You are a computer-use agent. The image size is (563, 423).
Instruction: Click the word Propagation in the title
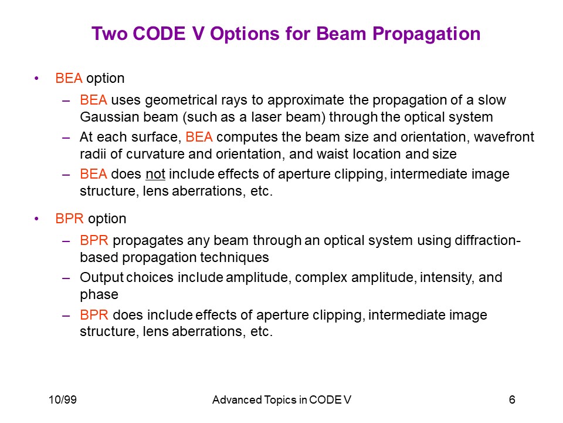tap(426, 35)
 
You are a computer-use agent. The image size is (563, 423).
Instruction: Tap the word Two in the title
tap(110, 34)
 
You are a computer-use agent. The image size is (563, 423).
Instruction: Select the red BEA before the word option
tap(69, 78)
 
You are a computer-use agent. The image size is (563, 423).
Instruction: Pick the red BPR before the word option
tap(69, 219)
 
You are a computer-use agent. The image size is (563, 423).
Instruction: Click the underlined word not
tap(155, 174)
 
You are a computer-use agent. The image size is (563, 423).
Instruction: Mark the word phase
tap(99, 294)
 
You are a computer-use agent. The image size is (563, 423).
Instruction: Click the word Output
tap(101, 277)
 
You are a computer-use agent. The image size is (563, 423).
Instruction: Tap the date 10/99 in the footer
tap(63, 399)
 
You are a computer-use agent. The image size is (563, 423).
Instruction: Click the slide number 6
tap(512, 399)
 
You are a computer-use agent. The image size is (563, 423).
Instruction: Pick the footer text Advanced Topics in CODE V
tap(281, 399)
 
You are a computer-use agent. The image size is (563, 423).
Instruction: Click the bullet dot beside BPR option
tap(36, 219)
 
